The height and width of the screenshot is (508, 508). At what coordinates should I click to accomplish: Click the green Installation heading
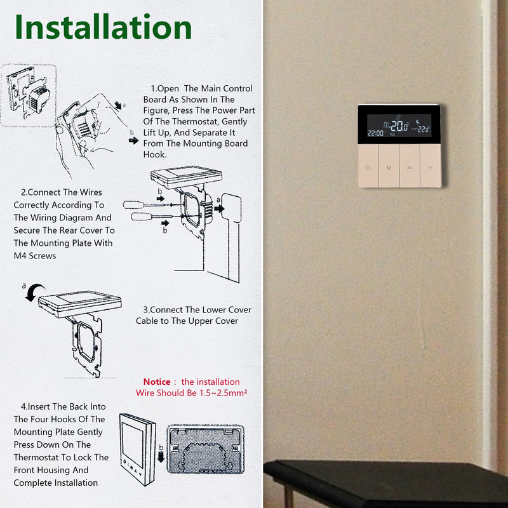coord(104,27)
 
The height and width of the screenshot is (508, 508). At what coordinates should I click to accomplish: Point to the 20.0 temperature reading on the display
coord(399,126)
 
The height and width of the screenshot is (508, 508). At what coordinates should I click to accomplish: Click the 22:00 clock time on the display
coord(375,133)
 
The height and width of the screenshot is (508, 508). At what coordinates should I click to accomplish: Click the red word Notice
coord(157,382)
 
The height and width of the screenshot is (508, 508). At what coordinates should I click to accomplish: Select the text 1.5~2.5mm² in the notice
coord(223,392)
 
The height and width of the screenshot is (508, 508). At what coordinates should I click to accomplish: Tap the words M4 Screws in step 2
coord(35,256)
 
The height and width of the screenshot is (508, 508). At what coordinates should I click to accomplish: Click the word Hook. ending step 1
coord(155,154)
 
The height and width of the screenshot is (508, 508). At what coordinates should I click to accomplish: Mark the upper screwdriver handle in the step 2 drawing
coord(133,204)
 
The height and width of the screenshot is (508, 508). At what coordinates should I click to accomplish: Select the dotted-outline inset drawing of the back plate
coord(29,95)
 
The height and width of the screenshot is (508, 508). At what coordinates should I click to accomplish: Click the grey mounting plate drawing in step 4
coord(205,449)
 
